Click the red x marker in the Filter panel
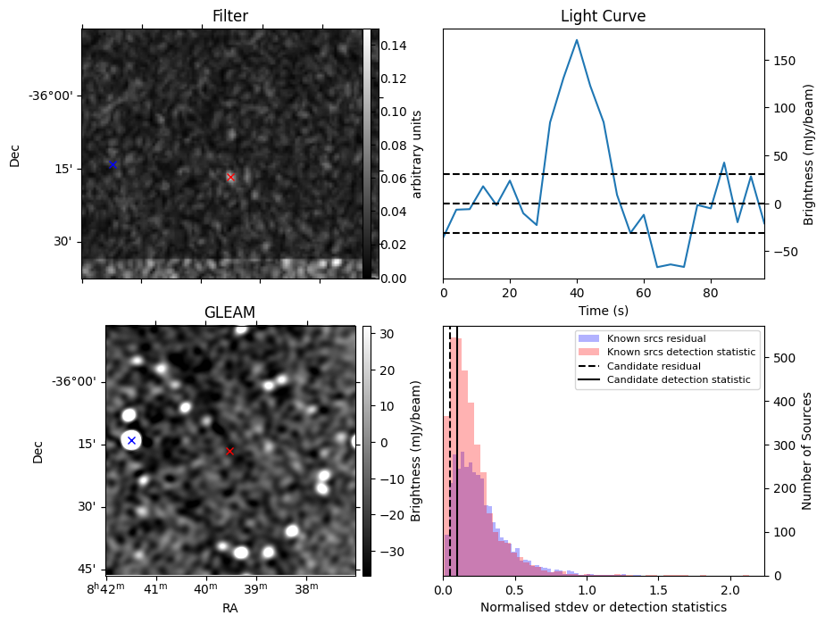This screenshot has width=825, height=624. pos(230,178)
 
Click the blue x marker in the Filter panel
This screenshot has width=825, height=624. pos(112,164)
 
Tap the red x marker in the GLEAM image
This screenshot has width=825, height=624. pos(229,451)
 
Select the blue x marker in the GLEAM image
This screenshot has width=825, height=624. pos(131,440)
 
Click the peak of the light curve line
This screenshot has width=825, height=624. pos(577,40)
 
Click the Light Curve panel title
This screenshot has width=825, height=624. pos(603,16)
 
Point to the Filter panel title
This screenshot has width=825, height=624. pos(229,16)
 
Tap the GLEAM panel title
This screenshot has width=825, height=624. pos(229,312)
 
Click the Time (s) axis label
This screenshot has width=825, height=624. pos(603,309)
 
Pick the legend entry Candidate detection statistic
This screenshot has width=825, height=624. pos(681,380)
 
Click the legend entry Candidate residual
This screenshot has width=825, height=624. pos(656,366)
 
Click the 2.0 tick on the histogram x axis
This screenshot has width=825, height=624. pos(729,590)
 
